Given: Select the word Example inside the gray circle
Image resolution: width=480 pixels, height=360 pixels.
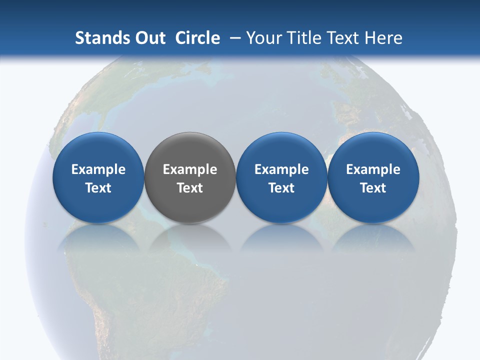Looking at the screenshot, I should tap(190, 169).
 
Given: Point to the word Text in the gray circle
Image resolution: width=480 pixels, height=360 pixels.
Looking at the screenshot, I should tap(190, 188).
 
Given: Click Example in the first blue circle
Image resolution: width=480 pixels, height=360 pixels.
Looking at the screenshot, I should tap(98, 169).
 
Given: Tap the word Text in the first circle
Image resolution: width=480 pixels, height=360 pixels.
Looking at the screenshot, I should tap(98, 188).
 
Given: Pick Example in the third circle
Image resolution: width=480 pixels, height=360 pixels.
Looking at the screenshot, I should tap(281, 169).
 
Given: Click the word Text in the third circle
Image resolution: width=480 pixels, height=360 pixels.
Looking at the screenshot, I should tap(281, 188).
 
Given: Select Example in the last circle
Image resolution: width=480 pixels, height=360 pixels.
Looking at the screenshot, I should tap(373, 169).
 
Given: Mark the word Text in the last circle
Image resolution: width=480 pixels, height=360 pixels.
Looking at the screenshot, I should tap(373, 188).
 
